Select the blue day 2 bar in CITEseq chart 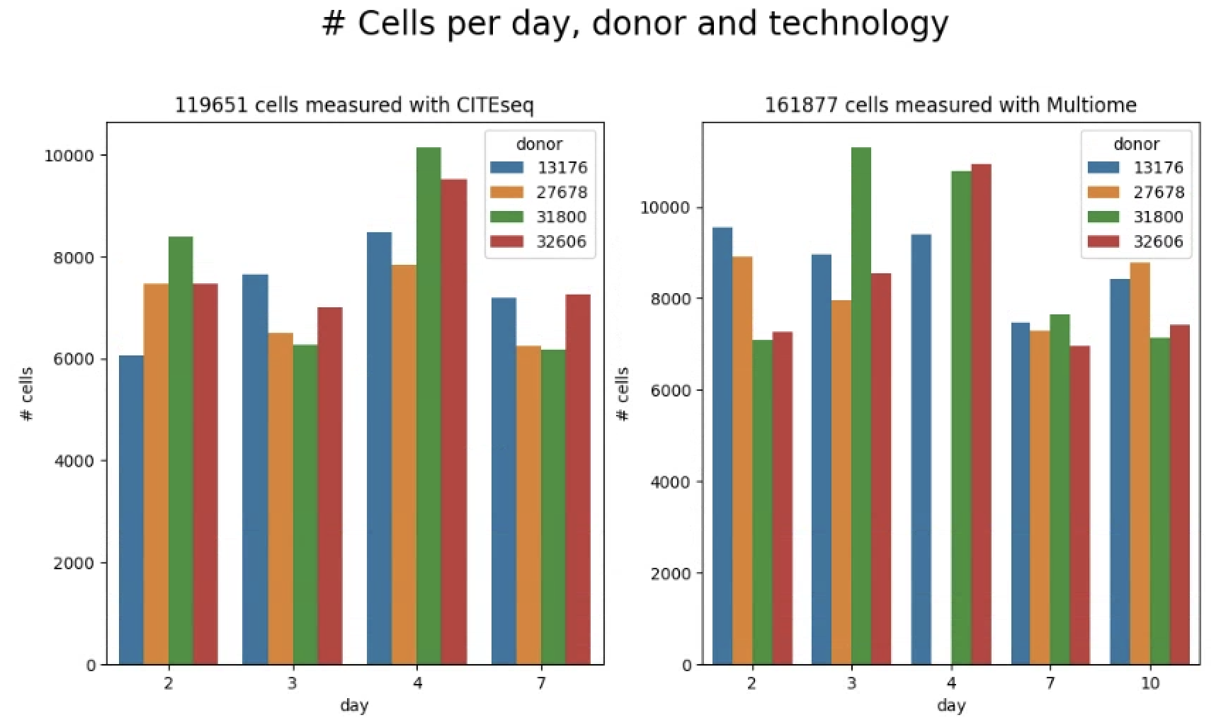(x=131, y=510)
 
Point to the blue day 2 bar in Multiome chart (x=722, y=446)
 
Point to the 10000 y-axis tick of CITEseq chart (x=69, y=156)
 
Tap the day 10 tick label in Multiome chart (x=1150, y=683)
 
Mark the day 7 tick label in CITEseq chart (x=541, y=683)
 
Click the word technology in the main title (x=858, y=23)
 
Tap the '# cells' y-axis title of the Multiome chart (x=623, y=394)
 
